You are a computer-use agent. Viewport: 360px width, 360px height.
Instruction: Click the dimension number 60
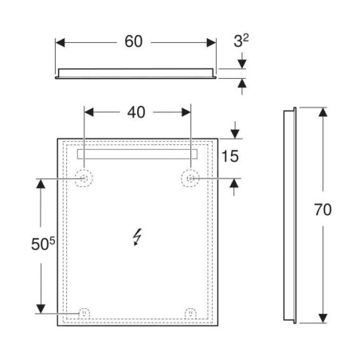[134, 41]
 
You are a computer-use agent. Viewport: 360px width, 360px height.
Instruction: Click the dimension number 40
[136, 112]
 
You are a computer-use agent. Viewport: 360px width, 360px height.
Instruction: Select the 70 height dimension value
[323, 209]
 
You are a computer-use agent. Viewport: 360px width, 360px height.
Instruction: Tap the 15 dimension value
[230, 156]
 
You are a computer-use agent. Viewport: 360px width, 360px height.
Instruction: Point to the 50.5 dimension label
[43, 244]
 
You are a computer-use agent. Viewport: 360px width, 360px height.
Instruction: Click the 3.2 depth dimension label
[241, 41]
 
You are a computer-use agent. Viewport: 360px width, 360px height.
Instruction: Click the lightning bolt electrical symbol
[137, 237]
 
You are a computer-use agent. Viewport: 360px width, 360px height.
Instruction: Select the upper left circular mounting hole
[84, 178]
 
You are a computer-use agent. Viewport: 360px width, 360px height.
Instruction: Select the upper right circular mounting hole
[190, 178]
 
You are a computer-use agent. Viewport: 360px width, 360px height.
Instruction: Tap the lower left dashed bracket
[84, 313]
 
